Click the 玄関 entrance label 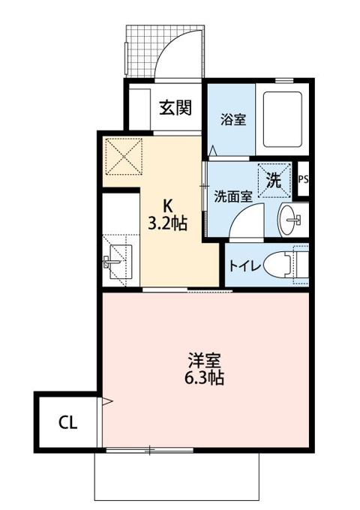[175, 107]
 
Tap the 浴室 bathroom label [233, 119]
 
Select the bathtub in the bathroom [283, 119]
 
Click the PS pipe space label [303, 179]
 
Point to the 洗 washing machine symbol [274, 180]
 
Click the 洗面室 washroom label [233, 196]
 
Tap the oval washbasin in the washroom [289, 220]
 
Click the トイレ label [245, 266]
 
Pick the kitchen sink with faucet [118, 262]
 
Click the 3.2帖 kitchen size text [167, 223]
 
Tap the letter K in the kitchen [167, 205]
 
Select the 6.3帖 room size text [204, 377]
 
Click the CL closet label [68, 422]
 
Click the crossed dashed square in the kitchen [124, 157]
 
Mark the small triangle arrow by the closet [107, 401]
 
